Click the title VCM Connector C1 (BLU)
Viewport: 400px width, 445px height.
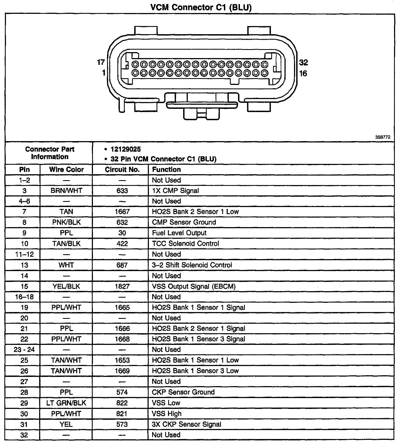pos(201,7)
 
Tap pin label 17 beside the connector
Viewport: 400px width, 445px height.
pos(101,62)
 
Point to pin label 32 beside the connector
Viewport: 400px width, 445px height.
pos(303,62)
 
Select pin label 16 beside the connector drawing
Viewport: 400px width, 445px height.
pos(303,73)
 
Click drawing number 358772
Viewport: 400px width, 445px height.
pos(383,137)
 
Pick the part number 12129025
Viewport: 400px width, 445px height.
pos(126,150)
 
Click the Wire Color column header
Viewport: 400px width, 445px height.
pos(66,170)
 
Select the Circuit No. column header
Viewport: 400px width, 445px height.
pos(122,170)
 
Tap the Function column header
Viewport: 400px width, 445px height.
pos(166,170)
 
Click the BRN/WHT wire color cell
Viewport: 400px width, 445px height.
pos(66,191)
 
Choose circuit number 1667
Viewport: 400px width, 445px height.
pos(122,212)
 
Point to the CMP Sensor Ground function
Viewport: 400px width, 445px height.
pos(184,222)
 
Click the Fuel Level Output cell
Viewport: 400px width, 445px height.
pos(179,233)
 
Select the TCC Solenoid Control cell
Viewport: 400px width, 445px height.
pos(185,243)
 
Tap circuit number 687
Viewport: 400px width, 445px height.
pos(122,265)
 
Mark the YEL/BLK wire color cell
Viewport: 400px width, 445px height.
pos(66,286)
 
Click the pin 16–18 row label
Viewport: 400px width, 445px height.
pos(24,297)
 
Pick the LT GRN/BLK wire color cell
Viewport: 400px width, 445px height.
pos(66,403)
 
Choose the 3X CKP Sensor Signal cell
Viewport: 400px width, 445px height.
pos(186,424)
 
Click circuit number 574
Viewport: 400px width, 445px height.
pos(122,392)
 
